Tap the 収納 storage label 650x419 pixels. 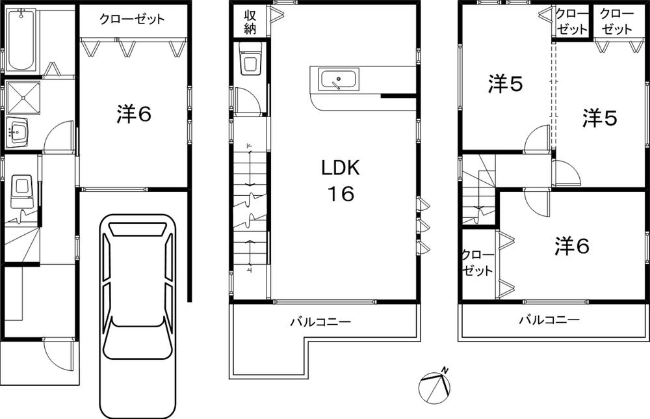250,21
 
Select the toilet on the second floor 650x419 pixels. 250,62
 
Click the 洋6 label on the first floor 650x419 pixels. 134,115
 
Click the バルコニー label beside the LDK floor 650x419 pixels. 320,321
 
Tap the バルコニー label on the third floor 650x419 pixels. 549,320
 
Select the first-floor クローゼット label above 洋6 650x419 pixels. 132,19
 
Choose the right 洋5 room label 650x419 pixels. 599,118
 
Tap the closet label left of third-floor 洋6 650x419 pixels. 477,262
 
